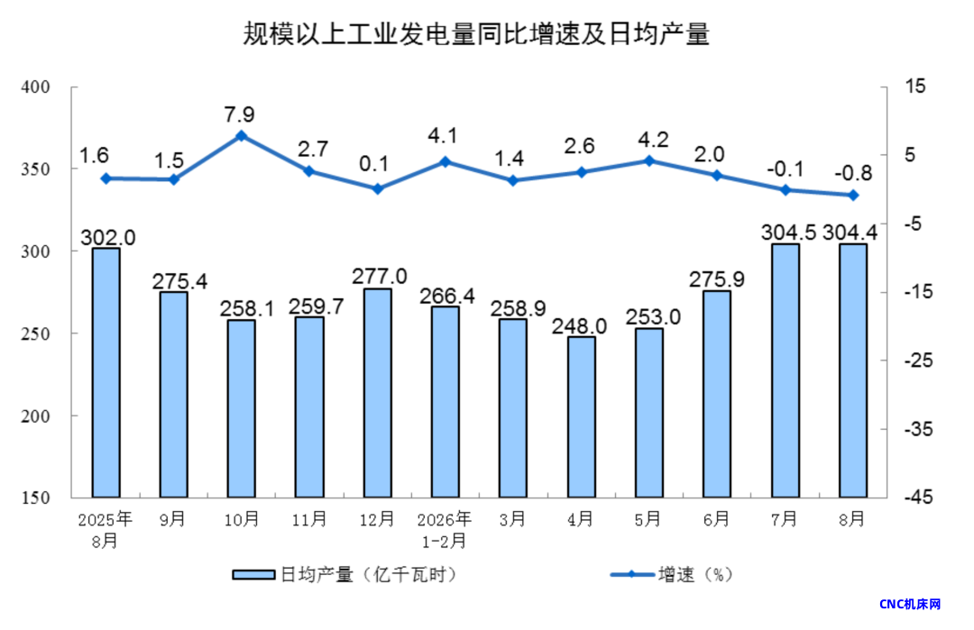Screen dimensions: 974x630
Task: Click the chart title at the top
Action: pos(476,33)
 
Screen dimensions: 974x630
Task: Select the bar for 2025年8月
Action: pos(106,372)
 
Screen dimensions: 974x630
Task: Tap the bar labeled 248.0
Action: pos(582,417)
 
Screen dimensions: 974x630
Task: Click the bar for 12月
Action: pos(378,393)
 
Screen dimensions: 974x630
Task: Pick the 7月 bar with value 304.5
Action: pos(786,370)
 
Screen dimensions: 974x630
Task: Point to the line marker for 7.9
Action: pos(242,136)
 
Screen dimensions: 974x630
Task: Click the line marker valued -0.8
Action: pos(853,195)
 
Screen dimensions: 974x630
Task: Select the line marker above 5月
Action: pos(649,160)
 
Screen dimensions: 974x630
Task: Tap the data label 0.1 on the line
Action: pos(374,164)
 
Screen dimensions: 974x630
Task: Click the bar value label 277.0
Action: pos(380,276)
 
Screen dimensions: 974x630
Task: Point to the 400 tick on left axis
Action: pos(35,87)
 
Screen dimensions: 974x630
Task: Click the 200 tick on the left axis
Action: pos(35,415)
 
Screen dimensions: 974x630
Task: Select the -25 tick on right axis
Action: pos(917,360)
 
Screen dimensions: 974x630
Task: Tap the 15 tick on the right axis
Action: pos(915,86)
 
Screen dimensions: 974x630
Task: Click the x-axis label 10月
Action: pos(242,519)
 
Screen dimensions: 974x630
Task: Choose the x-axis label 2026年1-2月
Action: pos(444,530)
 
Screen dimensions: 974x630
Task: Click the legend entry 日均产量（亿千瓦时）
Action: pos(345,575)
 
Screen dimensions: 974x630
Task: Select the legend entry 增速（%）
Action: pos(672,575)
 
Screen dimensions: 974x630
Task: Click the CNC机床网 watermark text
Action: pos(910,604)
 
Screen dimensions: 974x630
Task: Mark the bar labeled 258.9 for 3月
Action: pos(513,408)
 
